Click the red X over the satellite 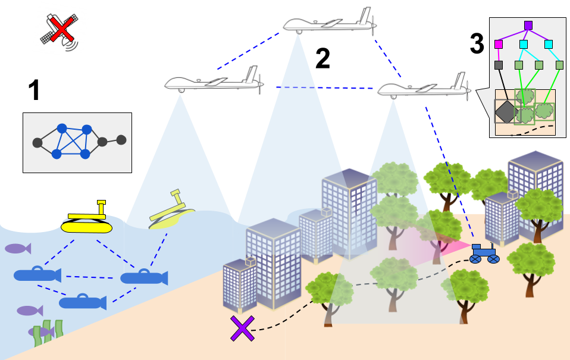61,29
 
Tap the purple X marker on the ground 242,328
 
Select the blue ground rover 484,253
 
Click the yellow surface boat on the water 87,226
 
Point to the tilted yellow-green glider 171,214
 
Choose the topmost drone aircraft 330,24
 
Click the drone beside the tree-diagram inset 424,89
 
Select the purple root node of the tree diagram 528,25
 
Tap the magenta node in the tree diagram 499,44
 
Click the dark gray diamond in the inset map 506,111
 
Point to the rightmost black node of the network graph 121,140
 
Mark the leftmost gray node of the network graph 37,143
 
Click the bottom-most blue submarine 83,303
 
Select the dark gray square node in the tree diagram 499,65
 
